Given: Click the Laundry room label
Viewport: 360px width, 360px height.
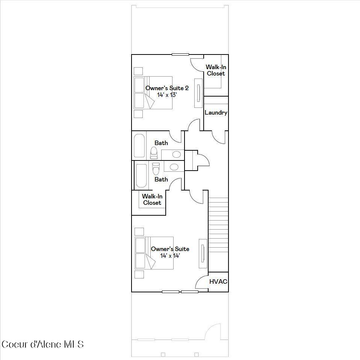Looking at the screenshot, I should (216, 113).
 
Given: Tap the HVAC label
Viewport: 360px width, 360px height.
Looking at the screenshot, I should (218, 281).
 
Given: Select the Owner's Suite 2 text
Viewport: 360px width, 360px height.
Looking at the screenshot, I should (167, 88).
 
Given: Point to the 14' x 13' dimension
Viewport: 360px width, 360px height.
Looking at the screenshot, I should (167, 95).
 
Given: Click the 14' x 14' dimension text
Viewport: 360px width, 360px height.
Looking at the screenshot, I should (170, 256).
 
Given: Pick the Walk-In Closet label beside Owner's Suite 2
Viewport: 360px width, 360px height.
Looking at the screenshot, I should (216, 70).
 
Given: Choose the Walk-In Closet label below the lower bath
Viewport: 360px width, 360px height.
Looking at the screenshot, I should (152, 200).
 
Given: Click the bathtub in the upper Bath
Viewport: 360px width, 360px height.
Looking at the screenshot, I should (139, 145).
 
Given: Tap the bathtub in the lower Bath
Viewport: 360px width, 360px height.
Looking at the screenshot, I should (141, 175).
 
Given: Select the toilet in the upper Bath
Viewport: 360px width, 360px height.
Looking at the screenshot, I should (154, 153).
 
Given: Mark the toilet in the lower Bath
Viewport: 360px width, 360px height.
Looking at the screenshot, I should (156, 169).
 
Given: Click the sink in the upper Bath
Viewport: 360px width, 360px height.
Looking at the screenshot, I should (176, 154).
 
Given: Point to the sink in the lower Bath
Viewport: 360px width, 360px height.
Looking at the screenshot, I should (174, 167).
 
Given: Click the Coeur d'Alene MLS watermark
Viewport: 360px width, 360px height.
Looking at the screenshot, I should (42, 344).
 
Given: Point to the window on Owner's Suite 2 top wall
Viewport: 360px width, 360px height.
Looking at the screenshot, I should (180, 54).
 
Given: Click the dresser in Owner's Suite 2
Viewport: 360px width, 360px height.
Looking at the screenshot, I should (198, 93).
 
